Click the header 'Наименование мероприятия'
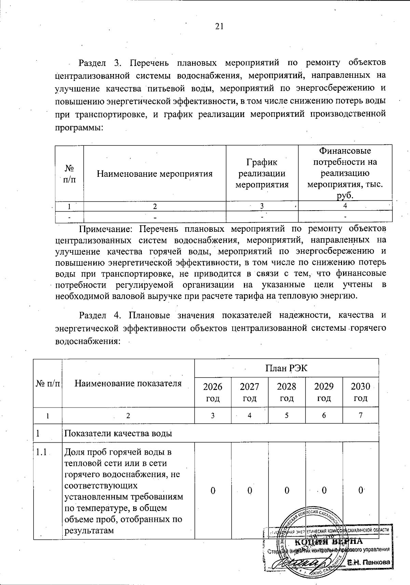click(155, 174)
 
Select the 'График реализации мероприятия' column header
click(262, 173)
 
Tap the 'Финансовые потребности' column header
click(345, 173)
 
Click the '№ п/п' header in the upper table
click(69, 173)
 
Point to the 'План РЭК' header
click(286, 368)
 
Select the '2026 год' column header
click(213, 392)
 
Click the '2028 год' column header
click(286, 392)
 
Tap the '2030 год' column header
click(360, 392)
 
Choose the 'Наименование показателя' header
click(128, 383)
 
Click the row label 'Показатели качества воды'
click(118, 433)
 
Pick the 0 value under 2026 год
click(213, 490)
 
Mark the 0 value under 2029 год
click(324, 490)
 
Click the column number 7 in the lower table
click(360, 415)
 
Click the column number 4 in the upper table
click(345, 206)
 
